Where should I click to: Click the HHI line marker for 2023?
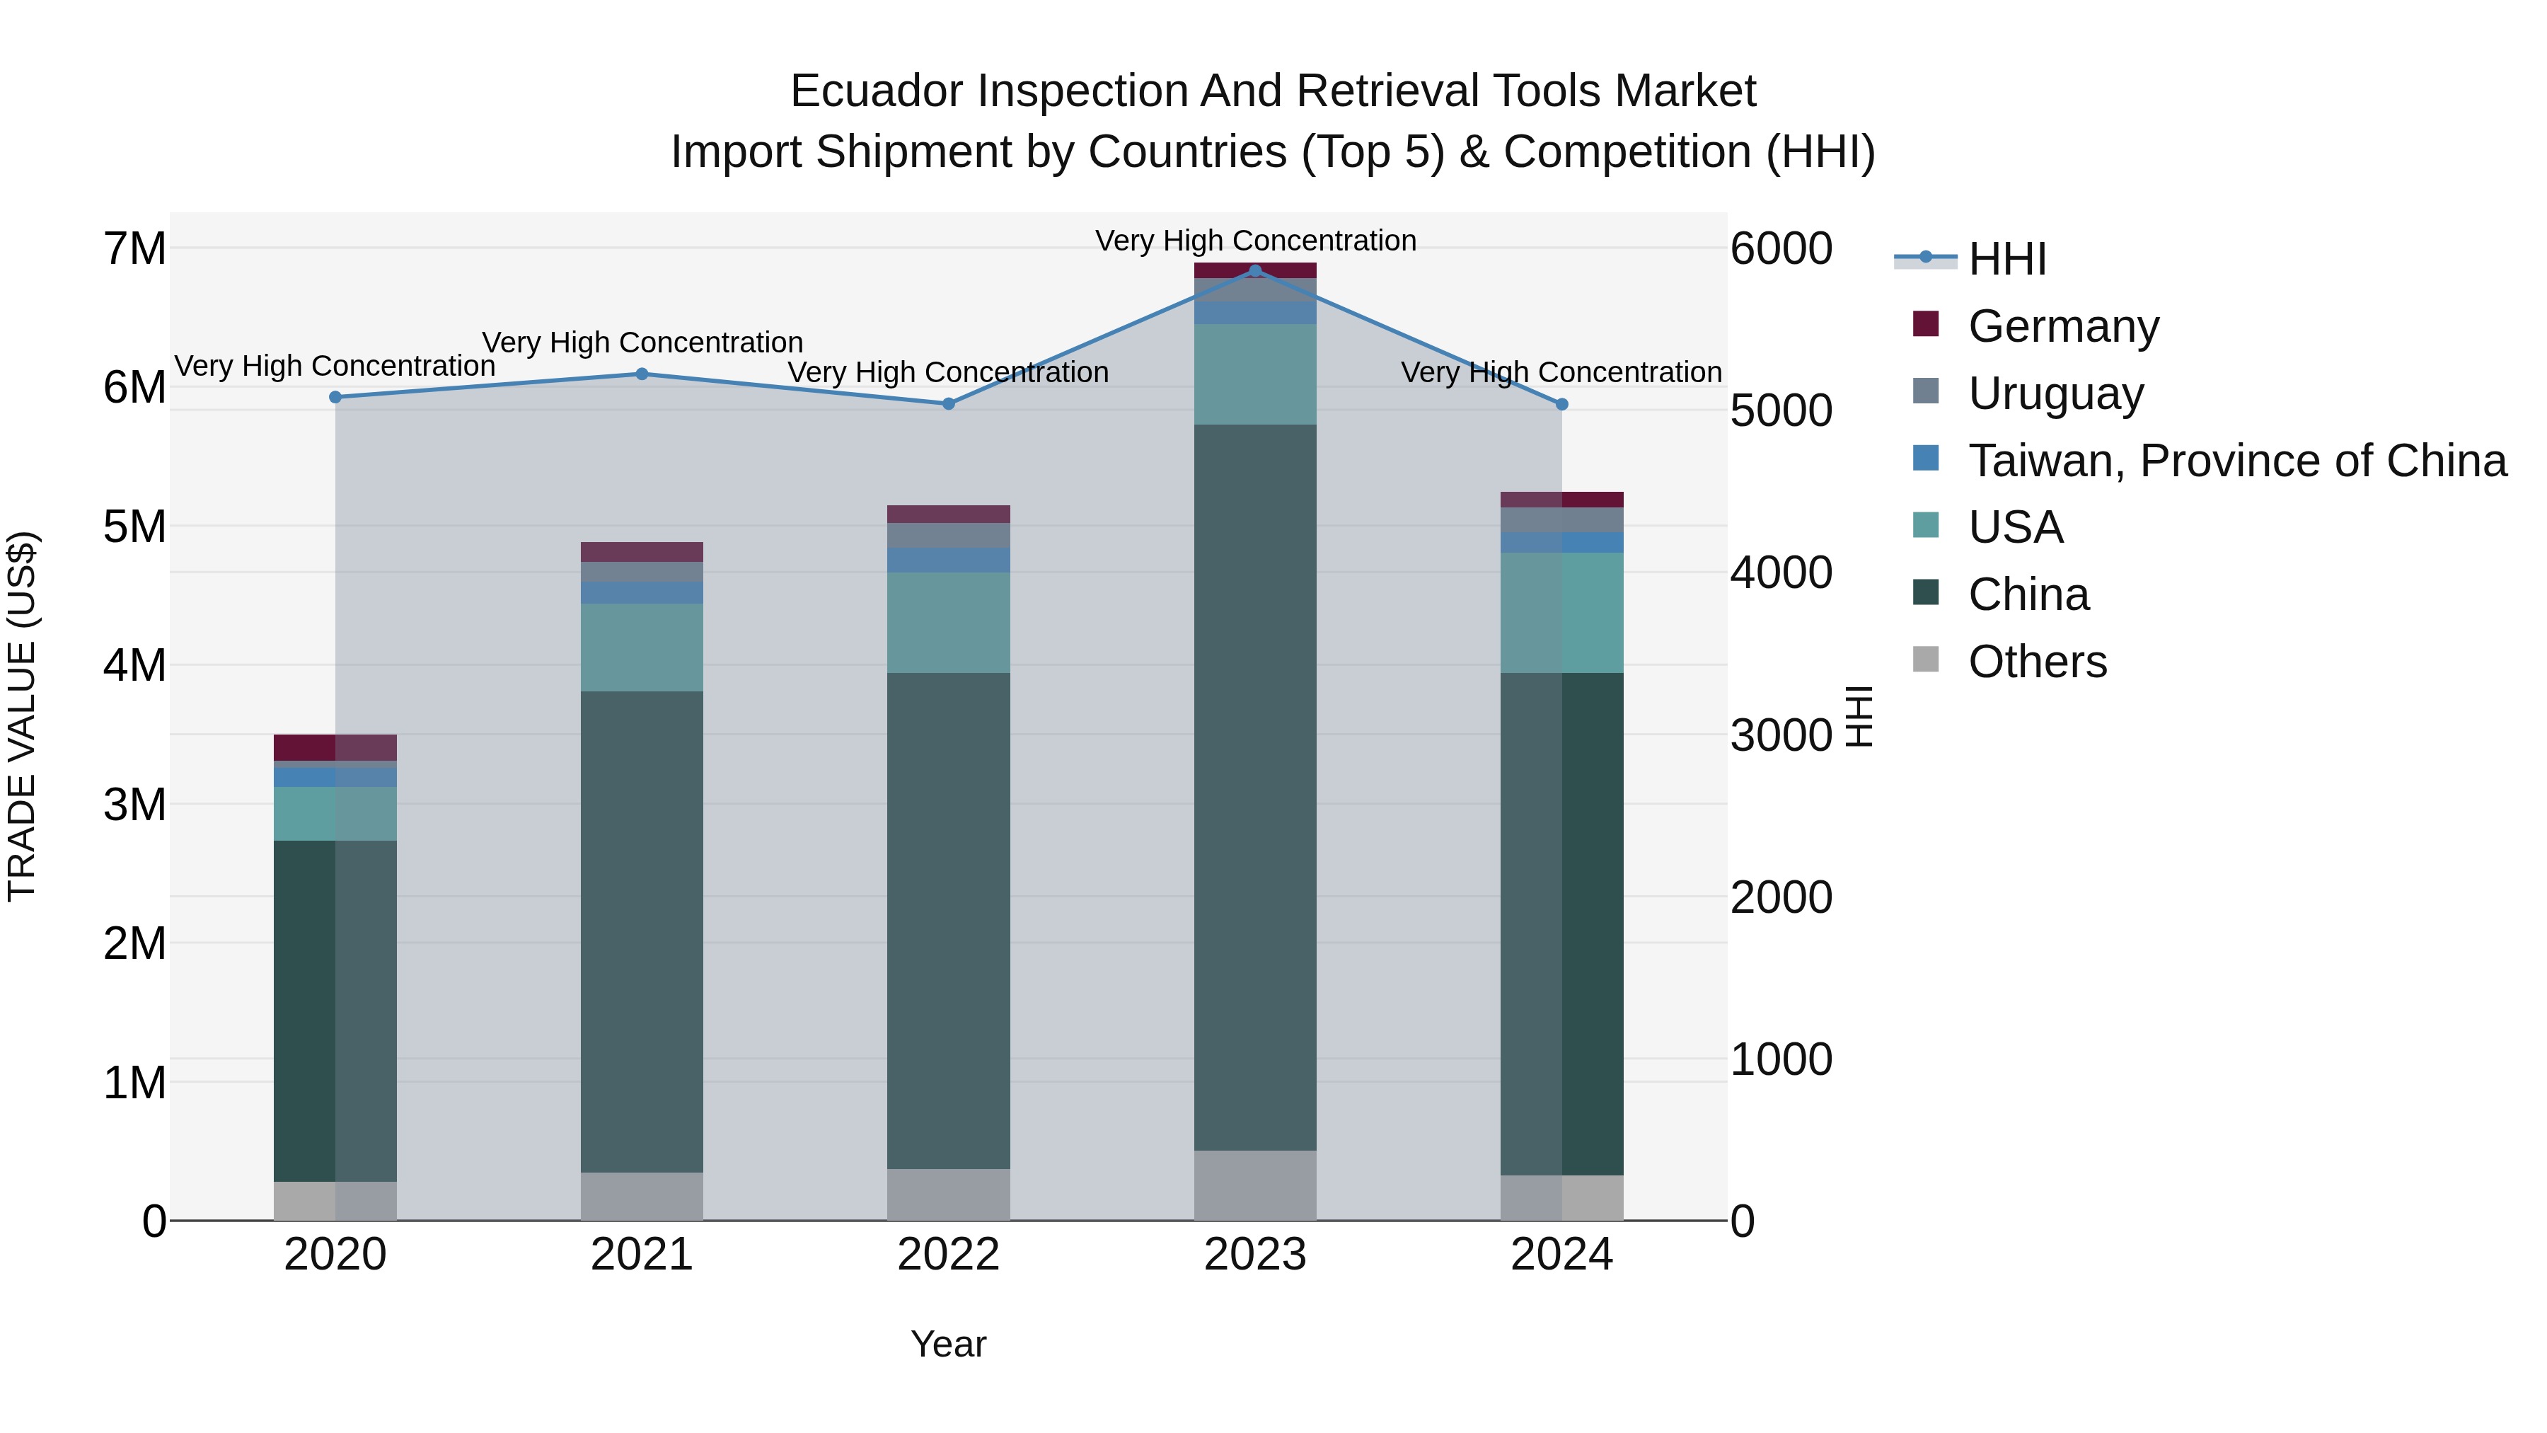1254,270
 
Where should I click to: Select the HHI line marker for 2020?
335,396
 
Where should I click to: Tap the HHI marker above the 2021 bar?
642,374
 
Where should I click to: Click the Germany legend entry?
2062,326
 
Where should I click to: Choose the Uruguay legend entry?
2055,393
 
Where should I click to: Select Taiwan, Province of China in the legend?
2236,460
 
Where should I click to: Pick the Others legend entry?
2037,662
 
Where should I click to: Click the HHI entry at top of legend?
2006,259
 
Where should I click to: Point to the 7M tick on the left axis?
134,248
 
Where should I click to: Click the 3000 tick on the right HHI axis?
1781,735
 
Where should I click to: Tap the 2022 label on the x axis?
948,1255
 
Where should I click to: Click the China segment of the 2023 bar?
1254,786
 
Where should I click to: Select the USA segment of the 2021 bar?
642,647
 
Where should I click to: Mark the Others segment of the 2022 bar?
948,1194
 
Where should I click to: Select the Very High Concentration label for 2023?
1254,241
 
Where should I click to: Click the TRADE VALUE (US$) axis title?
22,716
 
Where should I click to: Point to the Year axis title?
948,1344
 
